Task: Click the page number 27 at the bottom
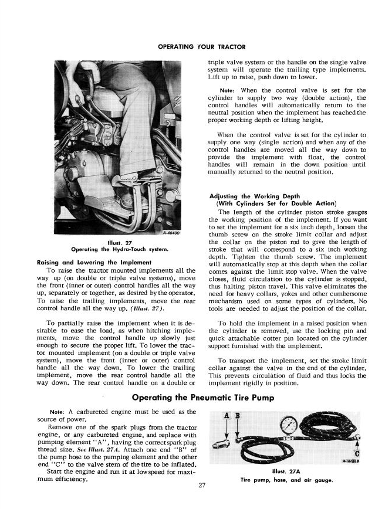[x=201, y=484]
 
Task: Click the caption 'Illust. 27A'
[x=286, y=471]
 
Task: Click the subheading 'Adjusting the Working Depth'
[x=255, y=196]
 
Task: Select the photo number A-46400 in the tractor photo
[x=173, y=233]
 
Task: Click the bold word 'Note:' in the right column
[x=222, y=90]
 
